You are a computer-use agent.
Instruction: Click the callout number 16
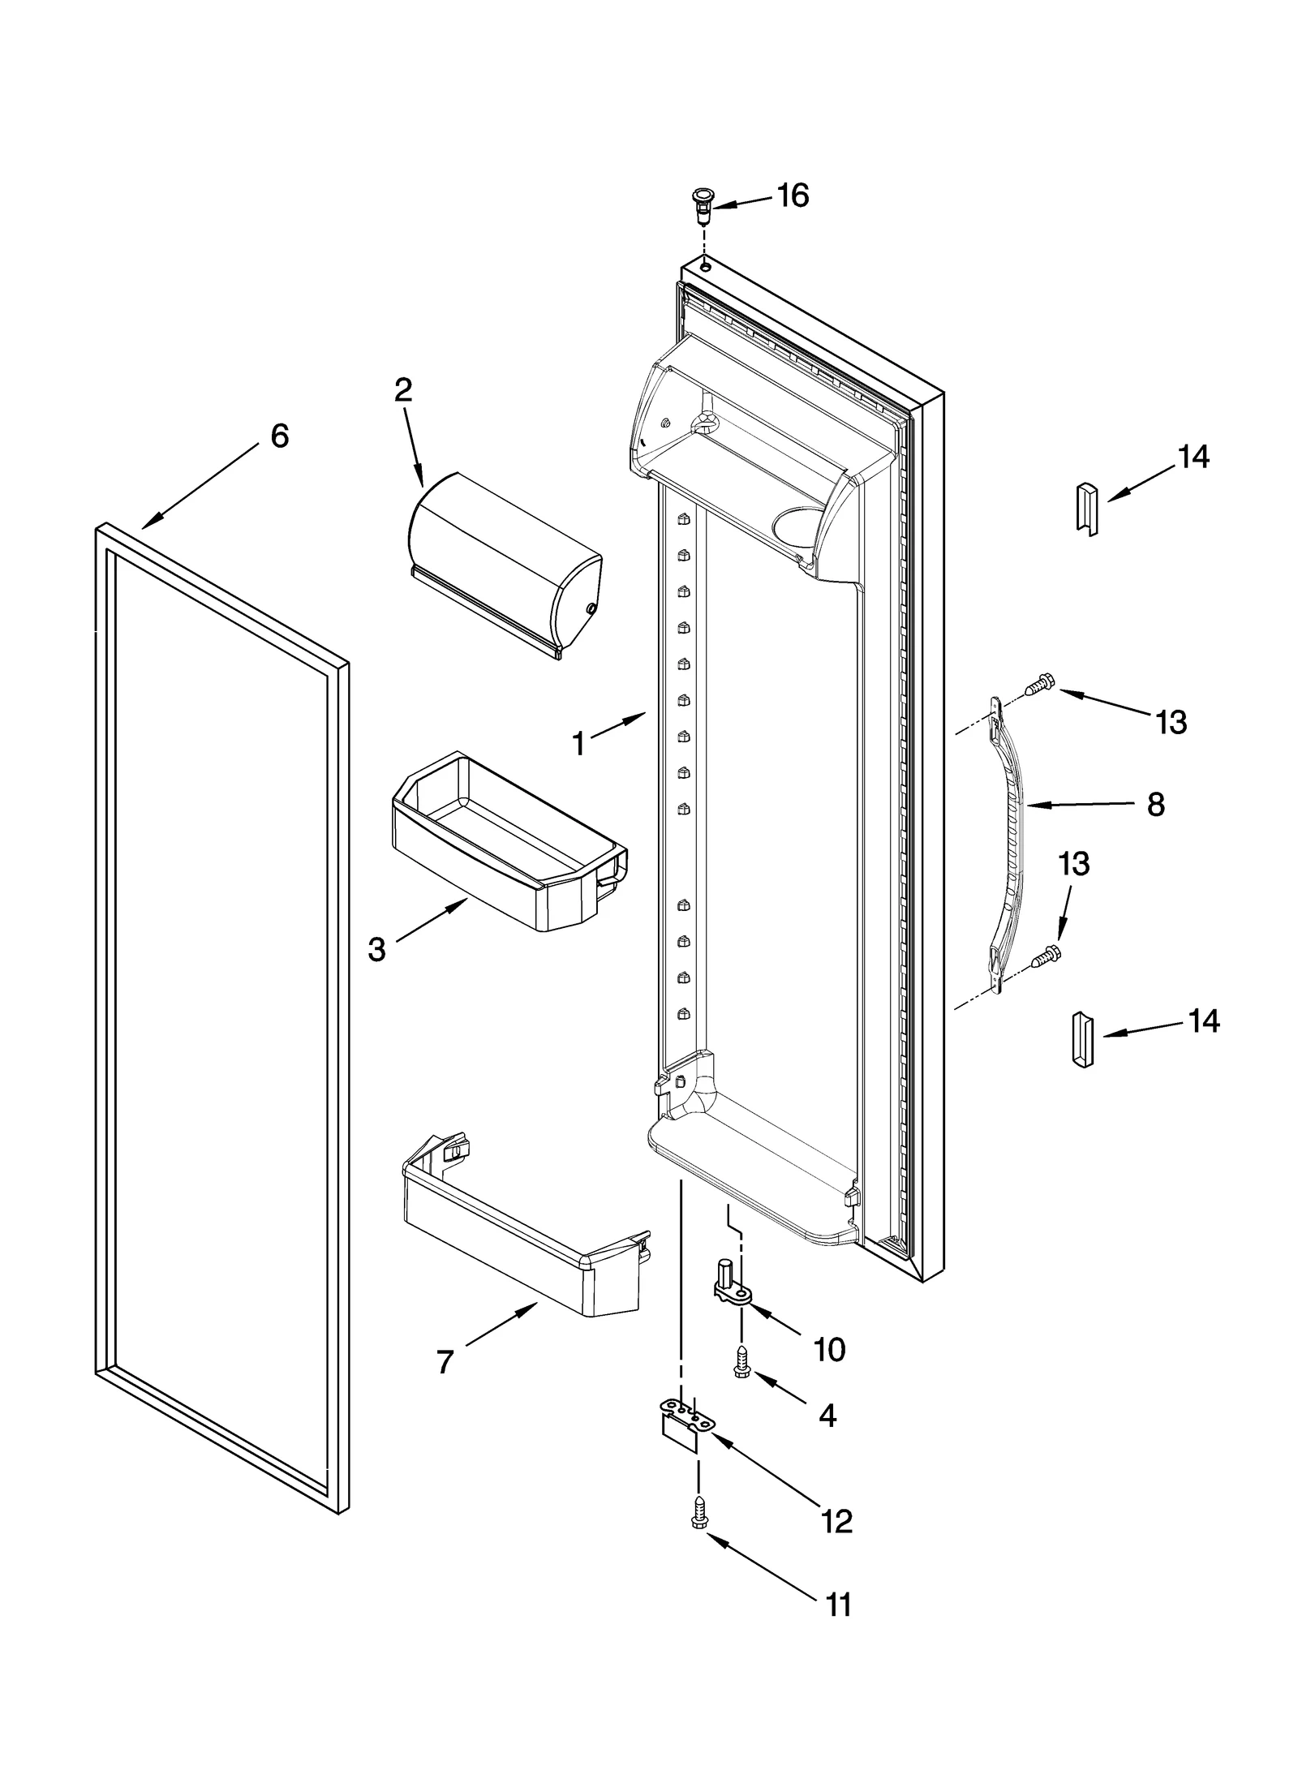(793, 196)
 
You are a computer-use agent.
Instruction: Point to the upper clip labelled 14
(1086, 507)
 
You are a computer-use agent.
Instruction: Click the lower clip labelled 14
(1083, 1039)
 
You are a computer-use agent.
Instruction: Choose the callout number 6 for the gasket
(279, 436)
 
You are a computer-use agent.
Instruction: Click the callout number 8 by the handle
(1155, 805)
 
